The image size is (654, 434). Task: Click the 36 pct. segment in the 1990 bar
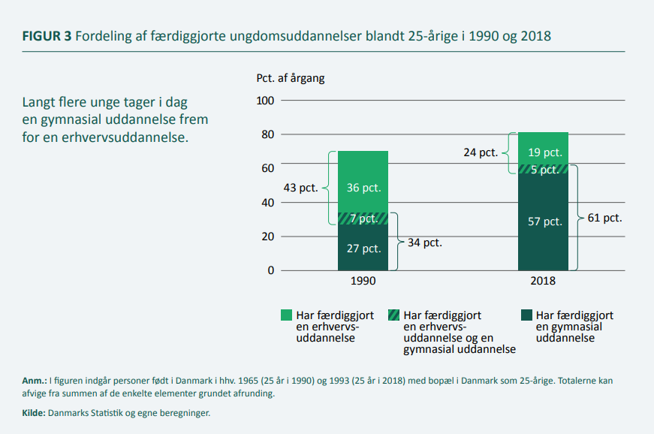tap(363, 182)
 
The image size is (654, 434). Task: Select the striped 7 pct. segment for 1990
tap(363, 219)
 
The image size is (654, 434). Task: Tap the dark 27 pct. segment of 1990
tap(363, 248)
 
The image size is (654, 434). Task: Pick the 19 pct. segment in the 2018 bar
tap(543, 149)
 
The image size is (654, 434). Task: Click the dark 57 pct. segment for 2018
tap(543, 222)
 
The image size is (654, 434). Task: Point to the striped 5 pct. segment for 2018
tap(543, 169)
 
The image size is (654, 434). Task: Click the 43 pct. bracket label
tap(301, 188)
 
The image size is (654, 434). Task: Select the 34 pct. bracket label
tap(424, 243)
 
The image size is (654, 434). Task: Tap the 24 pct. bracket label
tap(481, 152)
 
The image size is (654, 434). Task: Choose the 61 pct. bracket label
tap(604, 218)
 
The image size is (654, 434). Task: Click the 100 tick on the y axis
tap(265, 101)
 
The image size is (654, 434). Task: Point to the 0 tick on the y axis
tap(271, 270)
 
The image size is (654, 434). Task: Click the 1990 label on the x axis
tap(363, 281)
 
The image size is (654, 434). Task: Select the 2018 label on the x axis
tap(543, 281)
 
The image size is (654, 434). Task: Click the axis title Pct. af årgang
tap(291, 78)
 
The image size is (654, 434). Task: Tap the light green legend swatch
tap(287, 315)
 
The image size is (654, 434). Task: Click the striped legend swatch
tap(393, 315)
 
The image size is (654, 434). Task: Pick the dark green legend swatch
tap(527, 315)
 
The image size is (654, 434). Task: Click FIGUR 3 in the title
tap(47, 36)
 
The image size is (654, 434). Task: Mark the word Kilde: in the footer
tap(34, 413)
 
